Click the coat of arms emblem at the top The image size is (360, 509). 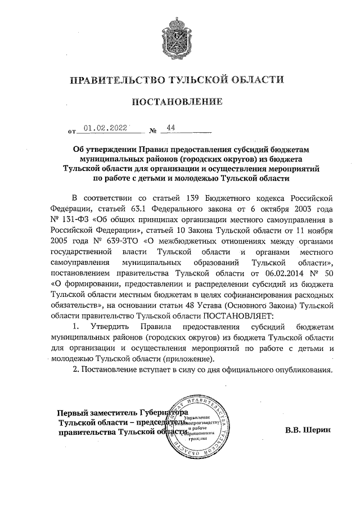click(x=179, y=34)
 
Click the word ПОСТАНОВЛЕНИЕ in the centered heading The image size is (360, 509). click(x=179, y=101)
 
